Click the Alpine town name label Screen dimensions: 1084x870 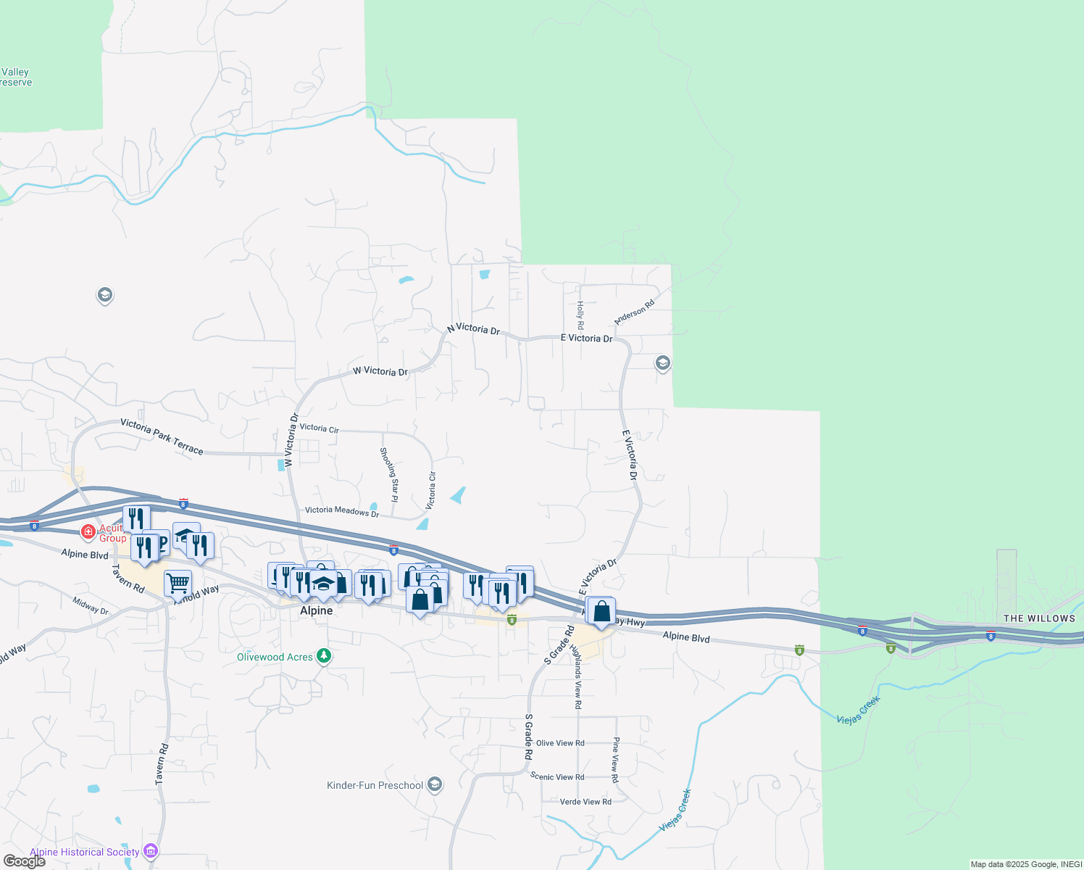click(317, 610)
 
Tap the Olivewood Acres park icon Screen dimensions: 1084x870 click(324, 657)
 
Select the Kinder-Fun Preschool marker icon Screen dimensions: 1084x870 click(434, 784)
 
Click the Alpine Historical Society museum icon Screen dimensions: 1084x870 click(151, 850)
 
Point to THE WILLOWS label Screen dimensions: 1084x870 click(1039, 618)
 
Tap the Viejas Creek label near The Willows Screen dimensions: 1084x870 click(859, 710)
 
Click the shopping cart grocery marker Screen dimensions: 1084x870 click(178, 582)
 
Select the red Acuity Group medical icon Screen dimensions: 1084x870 click(88, 532)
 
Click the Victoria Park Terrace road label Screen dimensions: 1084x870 click(162, 436)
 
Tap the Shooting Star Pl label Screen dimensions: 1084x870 click(389, 474)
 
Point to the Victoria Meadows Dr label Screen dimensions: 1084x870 click(342, 511)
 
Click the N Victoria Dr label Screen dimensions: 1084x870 click(473, 329)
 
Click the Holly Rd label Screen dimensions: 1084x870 click(580, 315)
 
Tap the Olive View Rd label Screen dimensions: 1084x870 click(560, 743)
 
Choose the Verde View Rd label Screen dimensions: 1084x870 click(585, 802)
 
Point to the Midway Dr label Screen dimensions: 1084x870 click(91, 605)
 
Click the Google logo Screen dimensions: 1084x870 click(25, 861)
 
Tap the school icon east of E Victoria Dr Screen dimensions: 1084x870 click(662, 362)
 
